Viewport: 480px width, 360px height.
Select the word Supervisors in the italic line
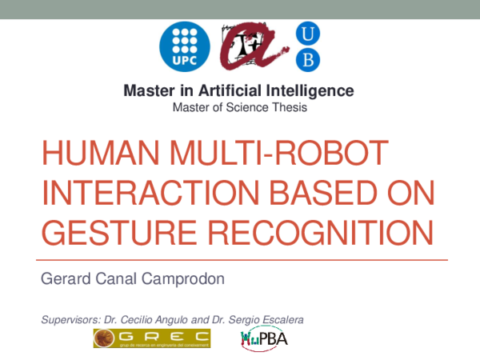tap(67, 320)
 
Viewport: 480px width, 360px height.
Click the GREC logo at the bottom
tap(151, 339)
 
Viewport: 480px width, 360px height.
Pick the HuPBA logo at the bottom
tap(264, 339)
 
